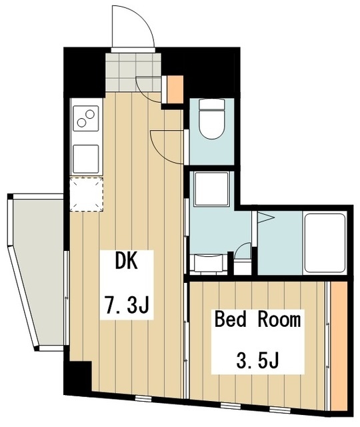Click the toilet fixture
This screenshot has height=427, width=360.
(211, 119)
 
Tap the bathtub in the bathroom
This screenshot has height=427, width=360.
(325, 242)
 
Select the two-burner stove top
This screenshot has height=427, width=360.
(86, 118)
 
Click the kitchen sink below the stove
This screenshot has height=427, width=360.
(86, 159)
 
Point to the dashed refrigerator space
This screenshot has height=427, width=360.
(87, 194)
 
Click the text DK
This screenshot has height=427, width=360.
(127, 262)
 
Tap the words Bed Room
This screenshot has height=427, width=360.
(258, 320)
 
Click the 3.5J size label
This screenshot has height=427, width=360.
(258, 360)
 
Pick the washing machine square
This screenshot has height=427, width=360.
(211, 189)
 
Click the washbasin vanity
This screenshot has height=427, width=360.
(209, 262)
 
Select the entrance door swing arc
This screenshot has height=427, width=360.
(139, 22)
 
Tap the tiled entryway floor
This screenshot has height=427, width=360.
(133, 72)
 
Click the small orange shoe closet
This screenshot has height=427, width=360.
(175, 89)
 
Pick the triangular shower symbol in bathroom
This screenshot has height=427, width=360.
(265, 218)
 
